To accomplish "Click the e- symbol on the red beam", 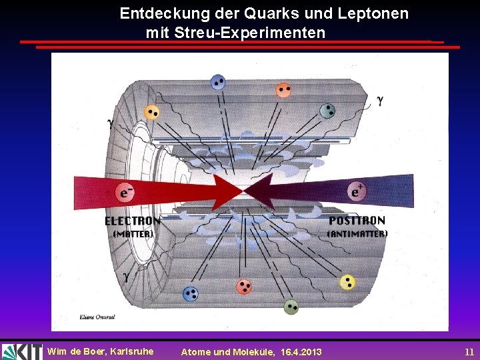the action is [124, 193].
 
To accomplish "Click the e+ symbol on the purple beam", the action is [357, 192].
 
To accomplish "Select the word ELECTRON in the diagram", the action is [132, 221].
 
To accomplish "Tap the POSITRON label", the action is [357, 221].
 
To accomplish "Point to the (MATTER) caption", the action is [133, 234].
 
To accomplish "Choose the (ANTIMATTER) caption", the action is [357, 234].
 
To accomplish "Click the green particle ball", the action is [291, 307].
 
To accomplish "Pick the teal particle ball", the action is [327, 111].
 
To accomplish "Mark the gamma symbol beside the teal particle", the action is [380, 101].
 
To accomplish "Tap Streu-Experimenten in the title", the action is [250, 32].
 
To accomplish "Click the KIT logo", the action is [21, 351].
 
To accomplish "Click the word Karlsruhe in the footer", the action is [131, 351].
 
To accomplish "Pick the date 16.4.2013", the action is [301, 352].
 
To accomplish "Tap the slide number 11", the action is [469, 351].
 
